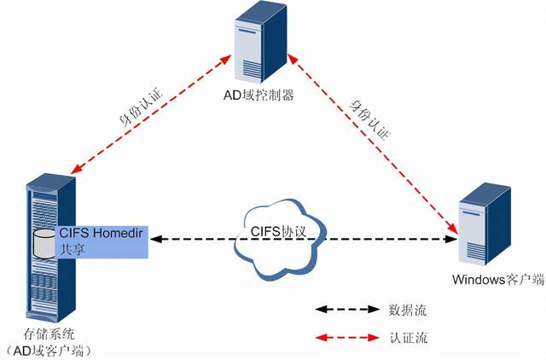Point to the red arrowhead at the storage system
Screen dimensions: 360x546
point(74,170)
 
